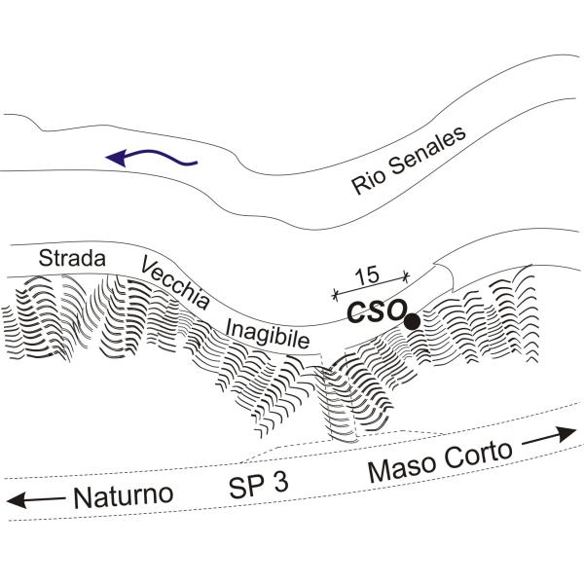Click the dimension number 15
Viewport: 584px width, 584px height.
click(368, 276)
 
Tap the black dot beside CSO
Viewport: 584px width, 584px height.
click(412, 320)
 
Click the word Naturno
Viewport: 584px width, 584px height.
click(122, 497)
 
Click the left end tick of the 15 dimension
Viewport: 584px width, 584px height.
click(335, 293)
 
